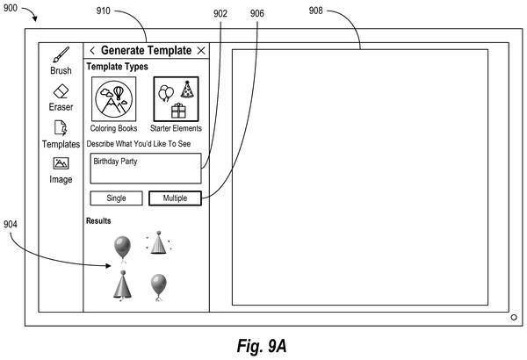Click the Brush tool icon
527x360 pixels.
click(x=61, y=54)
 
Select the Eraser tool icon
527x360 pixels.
click(x=61, y=91)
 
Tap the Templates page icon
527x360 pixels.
click(x=61, y=127)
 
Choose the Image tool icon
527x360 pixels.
click(x=61, y=163)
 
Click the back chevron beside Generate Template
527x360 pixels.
click(x=92, y=51)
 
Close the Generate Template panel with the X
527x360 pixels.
click(x=201, y=51)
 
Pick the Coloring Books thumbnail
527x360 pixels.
click(x=114, y=99)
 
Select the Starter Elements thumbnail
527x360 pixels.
click(x=177, y=99)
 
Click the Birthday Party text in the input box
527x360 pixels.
click(x=115, y=162)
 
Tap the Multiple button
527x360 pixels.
click(x=175, y=198)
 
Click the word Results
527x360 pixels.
click(x=98, y=221)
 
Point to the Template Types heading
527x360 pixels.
click(x=118, y=67)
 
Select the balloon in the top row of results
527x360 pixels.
click(x=122, y=248)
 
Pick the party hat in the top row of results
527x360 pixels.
click(x=159, y=242)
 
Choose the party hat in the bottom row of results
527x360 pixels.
click(x=122, y=285)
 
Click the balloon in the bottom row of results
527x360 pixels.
click(x=159, y=287)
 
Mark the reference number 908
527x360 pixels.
click(x=315, y=11)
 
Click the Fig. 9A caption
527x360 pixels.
click(x=262, y=346)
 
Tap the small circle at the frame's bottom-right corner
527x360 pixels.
click(x=514, y=317)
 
